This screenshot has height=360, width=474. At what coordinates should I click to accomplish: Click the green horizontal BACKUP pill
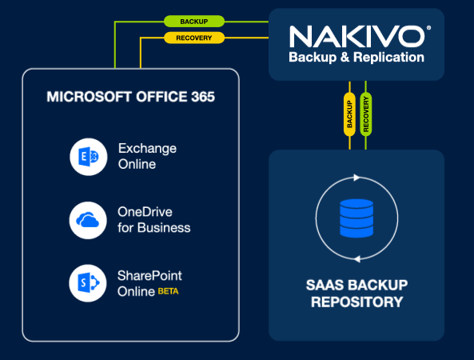point(194,22)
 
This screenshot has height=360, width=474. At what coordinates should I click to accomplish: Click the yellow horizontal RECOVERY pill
point(194,38)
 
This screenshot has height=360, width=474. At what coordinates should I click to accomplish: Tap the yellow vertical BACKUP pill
point(349,114)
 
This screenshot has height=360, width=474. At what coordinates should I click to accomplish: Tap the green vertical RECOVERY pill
point(366,114)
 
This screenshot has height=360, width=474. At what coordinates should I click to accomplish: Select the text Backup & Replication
point(356,57)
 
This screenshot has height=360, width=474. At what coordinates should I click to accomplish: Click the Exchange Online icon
point(89,157)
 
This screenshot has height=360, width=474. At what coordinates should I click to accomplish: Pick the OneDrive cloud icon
point(88,220)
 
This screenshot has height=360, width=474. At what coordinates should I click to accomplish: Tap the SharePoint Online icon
point(88,283)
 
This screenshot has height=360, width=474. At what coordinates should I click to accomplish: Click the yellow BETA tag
point(169,291)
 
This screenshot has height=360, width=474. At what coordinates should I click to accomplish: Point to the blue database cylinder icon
point(356,218)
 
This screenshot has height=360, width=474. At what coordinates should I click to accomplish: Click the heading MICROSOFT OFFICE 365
point(130,97)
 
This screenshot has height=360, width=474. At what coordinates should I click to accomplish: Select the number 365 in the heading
point(203,97)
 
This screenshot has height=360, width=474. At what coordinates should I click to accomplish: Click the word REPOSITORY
point(357,302)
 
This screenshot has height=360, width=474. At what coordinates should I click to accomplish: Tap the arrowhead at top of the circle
point(356,178)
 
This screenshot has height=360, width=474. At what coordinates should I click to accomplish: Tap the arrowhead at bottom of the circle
point(357,259)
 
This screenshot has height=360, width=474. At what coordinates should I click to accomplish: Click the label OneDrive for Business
point(153,220)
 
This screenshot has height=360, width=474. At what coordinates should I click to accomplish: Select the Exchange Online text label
point(147,156)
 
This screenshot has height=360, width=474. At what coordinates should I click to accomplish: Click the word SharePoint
point(149,275)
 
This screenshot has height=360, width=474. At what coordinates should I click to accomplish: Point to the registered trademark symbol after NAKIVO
point(428,28)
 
